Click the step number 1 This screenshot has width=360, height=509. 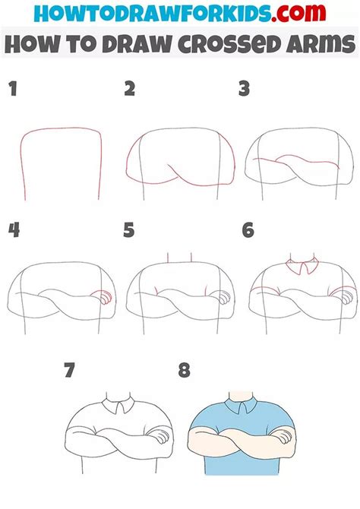tap(13, 89)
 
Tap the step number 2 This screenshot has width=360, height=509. tap(130, 89)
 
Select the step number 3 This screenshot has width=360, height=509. tap(244, 89)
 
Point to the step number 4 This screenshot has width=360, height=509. tap(14, 230)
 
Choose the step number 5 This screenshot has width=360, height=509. tap(129, 230)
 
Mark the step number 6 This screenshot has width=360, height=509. tap(248, 230)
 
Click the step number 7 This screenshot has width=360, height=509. tap(69, 370)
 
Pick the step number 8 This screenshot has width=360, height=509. tap(184, 370)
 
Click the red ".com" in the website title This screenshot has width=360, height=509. tap(298, 13)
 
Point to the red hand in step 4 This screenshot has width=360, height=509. tap(103, 297)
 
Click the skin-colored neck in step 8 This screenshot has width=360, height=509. tap(241, 397)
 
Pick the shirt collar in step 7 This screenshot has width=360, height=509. tap(118, 406)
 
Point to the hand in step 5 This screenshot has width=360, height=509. tap(222, 297)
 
